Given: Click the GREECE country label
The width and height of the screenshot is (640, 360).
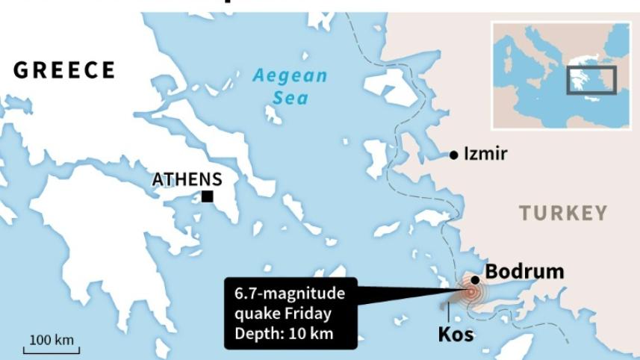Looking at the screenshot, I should (64, 71).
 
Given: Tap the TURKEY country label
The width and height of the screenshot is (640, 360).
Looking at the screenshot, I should (564, 214).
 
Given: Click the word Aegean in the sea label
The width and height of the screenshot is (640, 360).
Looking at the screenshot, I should (290, 75).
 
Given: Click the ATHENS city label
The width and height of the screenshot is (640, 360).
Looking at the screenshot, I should (187, 179).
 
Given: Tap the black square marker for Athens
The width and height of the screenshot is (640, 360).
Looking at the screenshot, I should (207, 196).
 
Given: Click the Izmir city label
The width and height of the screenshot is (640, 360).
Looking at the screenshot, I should (485, 154).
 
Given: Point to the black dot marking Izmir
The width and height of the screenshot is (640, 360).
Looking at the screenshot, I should (453, 155).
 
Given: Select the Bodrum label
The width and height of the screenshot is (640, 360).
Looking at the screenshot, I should (524, 271).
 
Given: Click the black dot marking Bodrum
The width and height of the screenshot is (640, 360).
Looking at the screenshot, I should (475, 279).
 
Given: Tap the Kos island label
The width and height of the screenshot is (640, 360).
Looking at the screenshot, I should (456, 334).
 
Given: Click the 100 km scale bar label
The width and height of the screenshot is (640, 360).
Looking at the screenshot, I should (52, 340).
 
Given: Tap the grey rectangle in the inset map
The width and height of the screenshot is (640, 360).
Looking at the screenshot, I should (590, 80).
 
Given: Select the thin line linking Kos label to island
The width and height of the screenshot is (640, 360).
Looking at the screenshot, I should (449, 314).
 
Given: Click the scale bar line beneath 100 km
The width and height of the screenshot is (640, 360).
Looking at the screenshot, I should (53, 350).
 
